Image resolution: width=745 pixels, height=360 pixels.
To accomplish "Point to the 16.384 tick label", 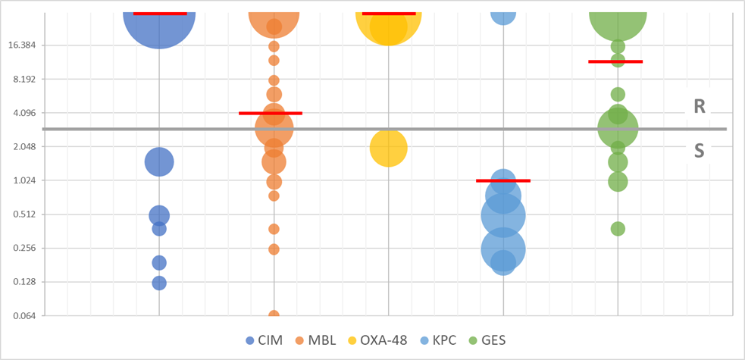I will click(27, 45).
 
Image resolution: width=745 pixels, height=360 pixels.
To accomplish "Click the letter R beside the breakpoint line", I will click(700, 107).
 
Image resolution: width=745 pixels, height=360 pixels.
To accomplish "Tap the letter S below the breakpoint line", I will click(700, 151).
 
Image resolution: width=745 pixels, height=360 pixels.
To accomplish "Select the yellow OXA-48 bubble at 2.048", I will click(388, 148).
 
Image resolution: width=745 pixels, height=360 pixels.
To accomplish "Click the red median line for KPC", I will click(503, 180).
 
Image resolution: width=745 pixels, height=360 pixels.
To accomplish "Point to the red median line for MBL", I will click(271, 113).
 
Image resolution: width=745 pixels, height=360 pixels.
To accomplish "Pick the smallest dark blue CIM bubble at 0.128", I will click(159, 283).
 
